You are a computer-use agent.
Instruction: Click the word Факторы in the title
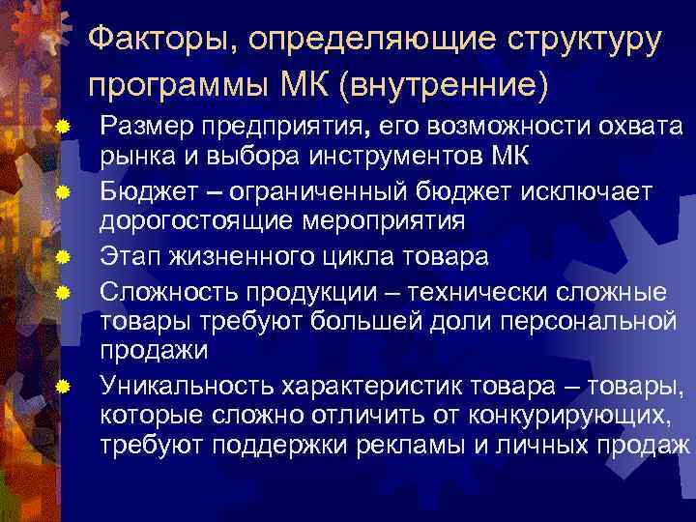click(159, 41)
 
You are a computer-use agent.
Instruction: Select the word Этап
click(130, 256)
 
